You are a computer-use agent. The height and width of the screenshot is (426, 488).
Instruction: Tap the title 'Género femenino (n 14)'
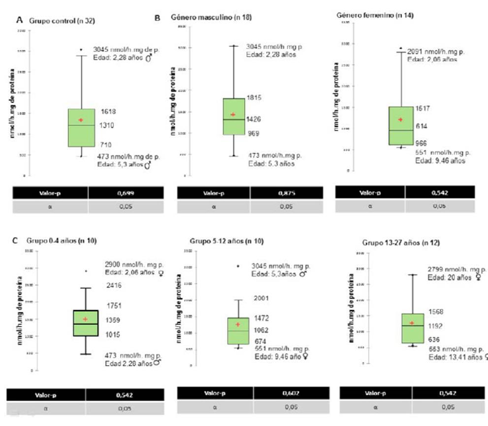pos(375,15)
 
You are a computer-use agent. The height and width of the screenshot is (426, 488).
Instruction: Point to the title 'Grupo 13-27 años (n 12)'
pos(401,243)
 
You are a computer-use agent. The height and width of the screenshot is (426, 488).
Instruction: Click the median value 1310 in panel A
pos(107,126)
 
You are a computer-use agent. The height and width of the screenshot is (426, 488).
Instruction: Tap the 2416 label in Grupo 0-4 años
pos(113,285)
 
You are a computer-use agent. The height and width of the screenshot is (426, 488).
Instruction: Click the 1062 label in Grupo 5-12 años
pos(260,330)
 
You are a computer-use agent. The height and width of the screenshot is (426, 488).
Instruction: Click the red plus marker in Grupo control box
pos(81,120)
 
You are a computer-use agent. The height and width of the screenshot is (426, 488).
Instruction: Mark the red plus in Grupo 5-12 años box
pos(237,324)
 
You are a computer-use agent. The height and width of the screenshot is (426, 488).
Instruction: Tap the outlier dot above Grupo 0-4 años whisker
pos(86,271)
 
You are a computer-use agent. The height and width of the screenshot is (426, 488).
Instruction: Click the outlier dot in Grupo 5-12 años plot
pos(238,266)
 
